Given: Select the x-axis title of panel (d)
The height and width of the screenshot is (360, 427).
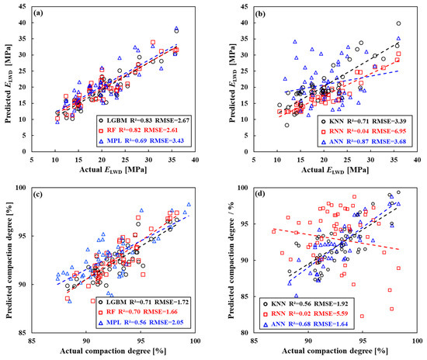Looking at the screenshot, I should point(335,354).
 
